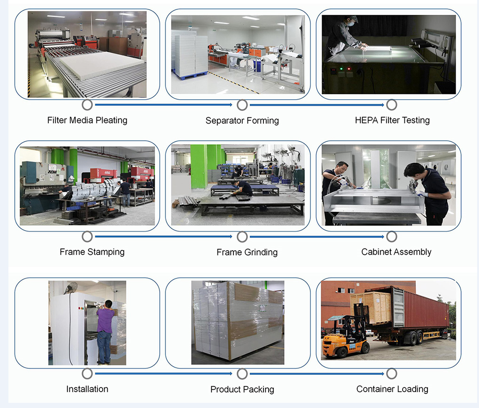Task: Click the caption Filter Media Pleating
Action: (x=87, y=120)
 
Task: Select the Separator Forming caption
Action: (x=242, y=120)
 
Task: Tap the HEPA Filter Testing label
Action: (x=392, y=120)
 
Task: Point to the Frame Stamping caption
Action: (x=92, y=252)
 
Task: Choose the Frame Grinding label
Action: (x=247, y=252)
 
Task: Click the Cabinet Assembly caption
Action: (x=396, y=252)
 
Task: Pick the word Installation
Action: (x=87, y=389)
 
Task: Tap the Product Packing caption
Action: (x=242, y=389)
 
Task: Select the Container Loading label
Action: (x=392, y=389)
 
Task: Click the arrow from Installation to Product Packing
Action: (x=164, y=373)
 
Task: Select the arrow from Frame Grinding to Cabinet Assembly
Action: (x=317, y=237)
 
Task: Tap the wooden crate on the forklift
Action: (x=371, y=307)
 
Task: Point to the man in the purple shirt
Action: (x=105, y=332)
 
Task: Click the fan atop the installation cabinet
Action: (x=71, y=288)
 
